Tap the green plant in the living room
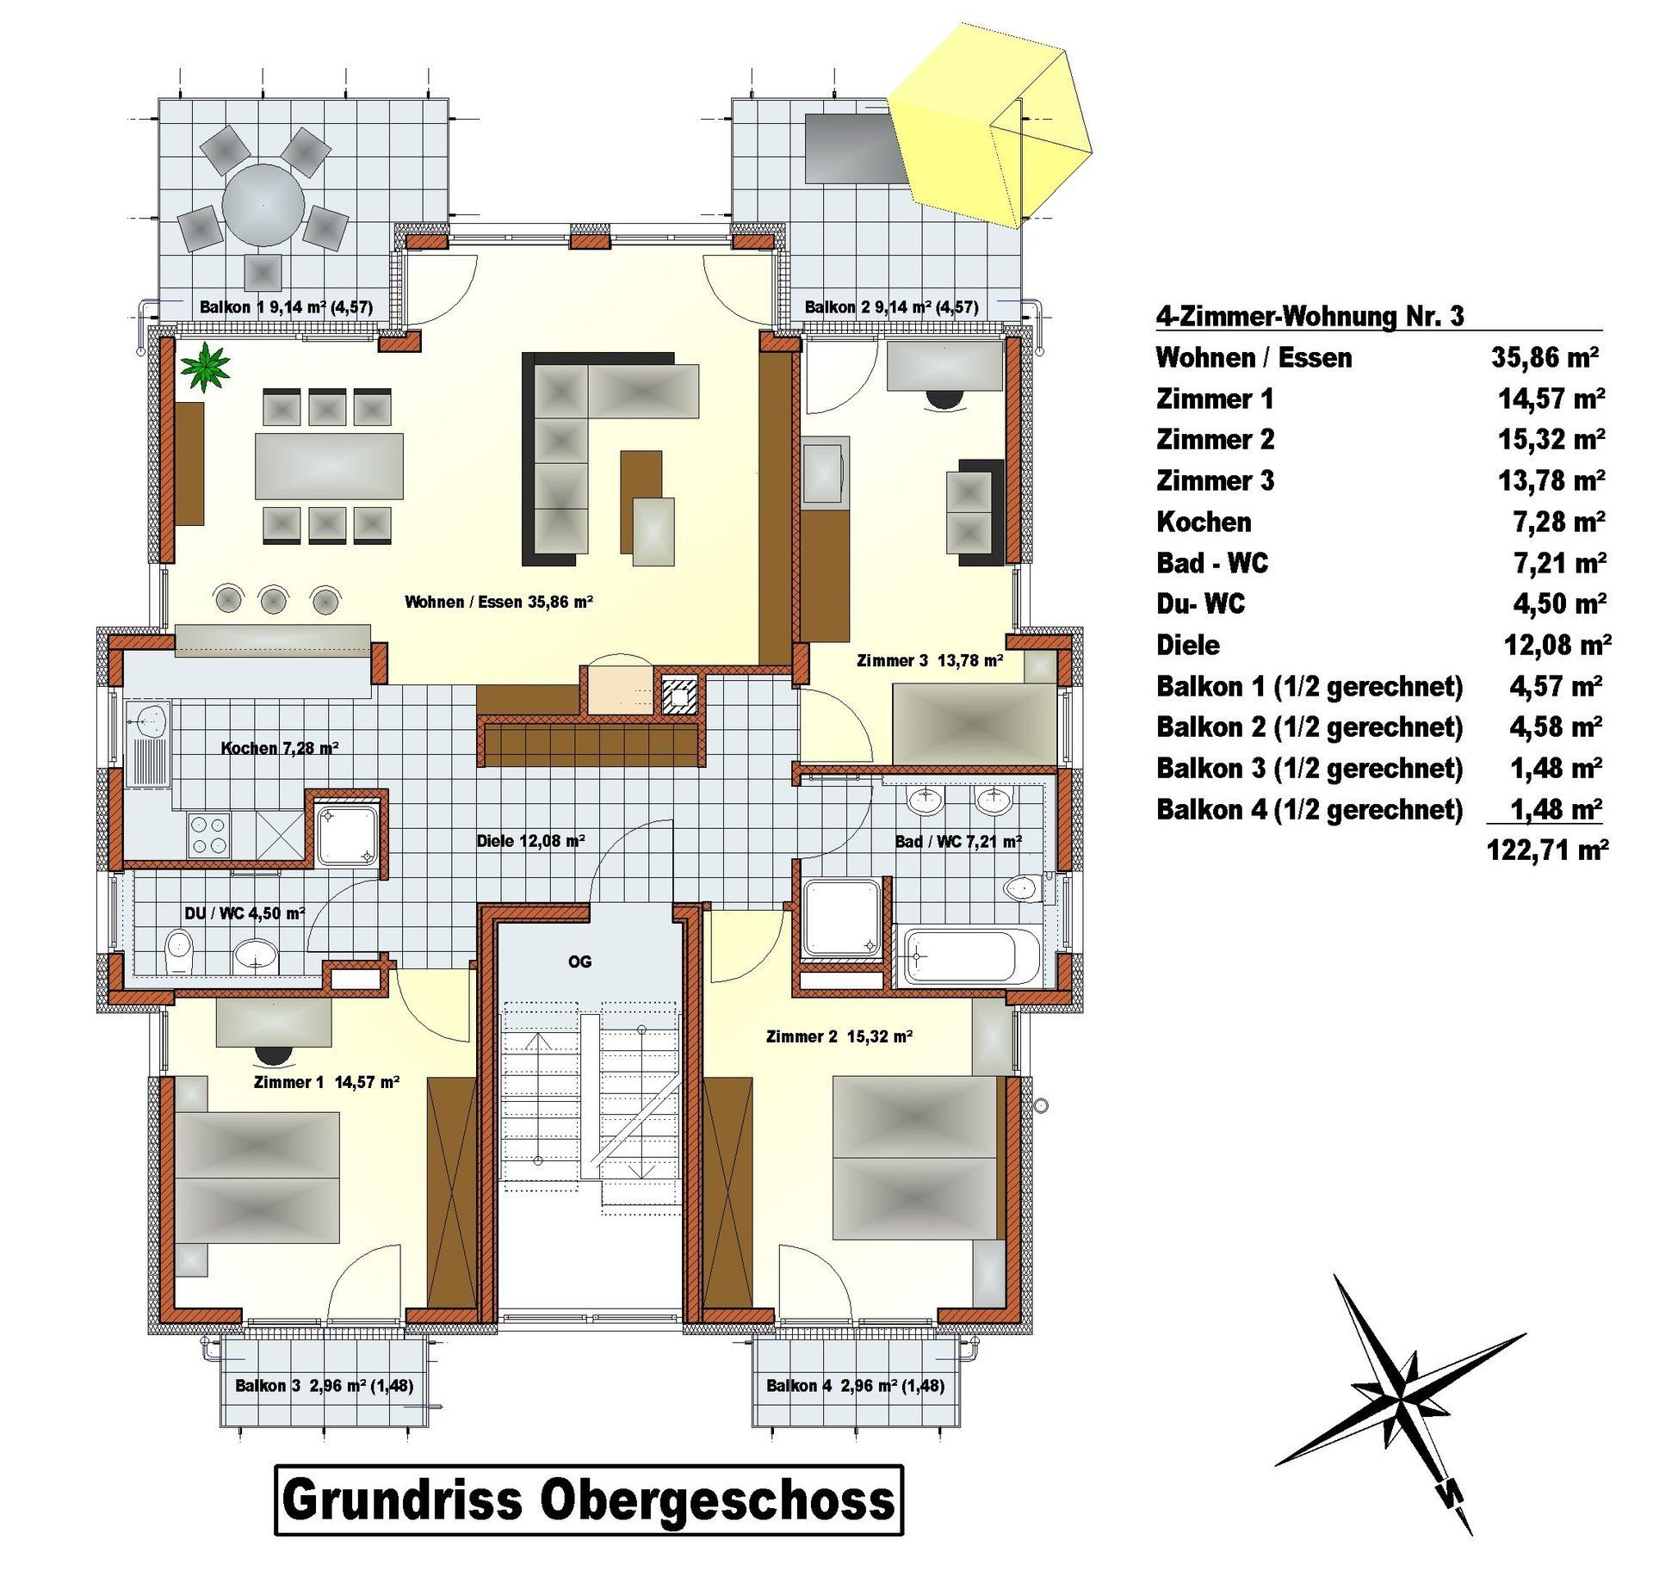206,366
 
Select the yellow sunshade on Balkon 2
989,126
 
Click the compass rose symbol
1401,1403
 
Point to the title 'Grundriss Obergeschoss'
589,1499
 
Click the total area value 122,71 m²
1547,850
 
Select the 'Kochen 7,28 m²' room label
280,748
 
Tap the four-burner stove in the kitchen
209,835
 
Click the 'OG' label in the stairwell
579,962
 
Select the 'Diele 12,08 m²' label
531,841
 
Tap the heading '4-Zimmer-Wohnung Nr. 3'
1309,316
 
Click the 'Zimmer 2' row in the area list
1380,439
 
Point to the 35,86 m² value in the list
1545,357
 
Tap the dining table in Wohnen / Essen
329,466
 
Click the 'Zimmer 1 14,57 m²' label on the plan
326,1082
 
